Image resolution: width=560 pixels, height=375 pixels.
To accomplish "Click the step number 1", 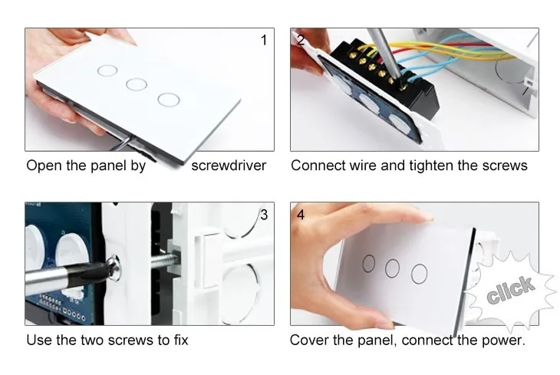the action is (264, 40).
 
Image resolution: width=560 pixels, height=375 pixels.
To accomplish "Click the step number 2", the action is (301, 40).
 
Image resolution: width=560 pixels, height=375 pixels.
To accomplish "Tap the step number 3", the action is (264, 215).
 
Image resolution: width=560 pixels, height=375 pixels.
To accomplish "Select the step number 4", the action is (301, 215).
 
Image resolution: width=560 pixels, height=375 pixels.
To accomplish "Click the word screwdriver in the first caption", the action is (229, 166).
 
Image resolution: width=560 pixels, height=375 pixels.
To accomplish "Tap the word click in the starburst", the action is (510, 289).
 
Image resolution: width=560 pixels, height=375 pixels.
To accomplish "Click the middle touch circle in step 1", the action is (137, 84).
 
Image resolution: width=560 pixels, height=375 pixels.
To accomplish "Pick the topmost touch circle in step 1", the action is (107, 71).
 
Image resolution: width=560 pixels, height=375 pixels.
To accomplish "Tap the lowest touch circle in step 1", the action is (169, 100).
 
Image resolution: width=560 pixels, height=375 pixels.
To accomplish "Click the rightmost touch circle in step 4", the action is (420, 274).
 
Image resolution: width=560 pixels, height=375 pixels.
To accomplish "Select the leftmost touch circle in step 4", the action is (368, 263).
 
